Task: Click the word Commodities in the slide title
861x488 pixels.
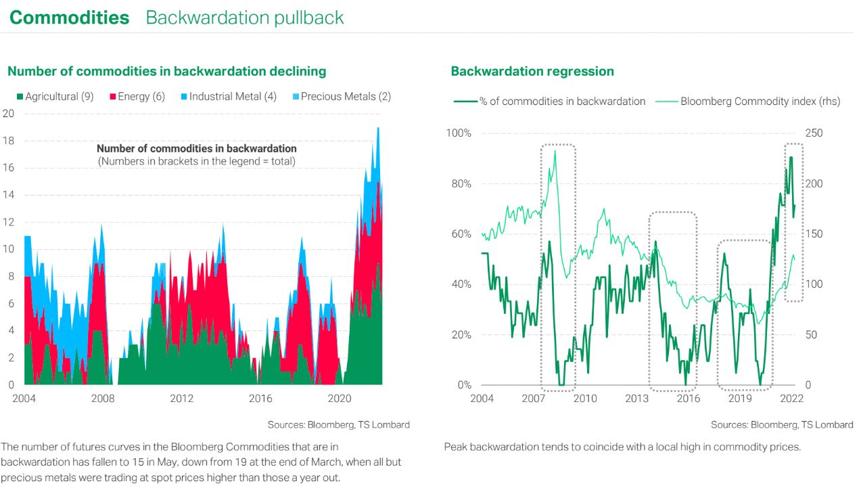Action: pos(69,18)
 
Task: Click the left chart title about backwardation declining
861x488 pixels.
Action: pos(166,71)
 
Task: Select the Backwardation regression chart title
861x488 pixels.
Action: pos(532,71)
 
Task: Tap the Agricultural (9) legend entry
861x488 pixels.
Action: pos(55,96)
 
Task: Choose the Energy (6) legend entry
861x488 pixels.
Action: pos(137,96)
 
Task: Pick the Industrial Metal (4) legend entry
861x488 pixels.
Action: pos(228,96)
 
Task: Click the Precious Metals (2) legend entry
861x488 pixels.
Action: pos(341,96)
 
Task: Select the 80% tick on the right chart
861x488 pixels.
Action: pos(459,183)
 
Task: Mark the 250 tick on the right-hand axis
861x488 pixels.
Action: pos(814,133)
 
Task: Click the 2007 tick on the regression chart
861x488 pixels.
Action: pos(534,398)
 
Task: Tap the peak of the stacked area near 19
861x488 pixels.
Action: pos(377,128)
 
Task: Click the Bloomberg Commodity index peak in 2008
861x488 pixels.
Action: pos(555,151)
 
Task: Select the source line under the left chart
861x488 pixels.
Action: pos(338,424)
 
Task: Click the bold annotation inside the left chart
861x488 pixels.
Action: pos(196,148)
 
